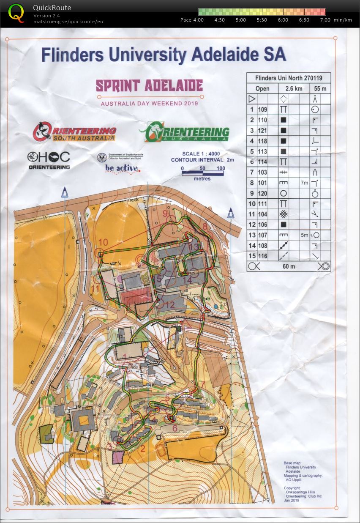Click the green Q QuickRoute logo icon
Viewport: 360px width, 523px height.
pos(16,13)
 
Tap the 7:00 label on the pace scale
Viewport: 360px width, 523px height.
pos(325,20)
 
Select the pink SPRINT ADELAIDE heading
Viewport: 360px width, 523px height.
pos(149,86)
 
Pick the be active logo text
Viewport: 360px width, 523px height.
pos(122,168)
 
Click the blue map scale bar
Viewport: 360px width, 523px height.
pos(203,173)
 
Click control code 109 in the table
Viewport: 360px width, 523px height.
pos(262,109)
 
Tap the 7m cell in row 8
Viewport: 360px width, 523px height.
pos(305,183)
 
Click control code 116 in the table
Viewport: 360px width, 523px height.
pos(262,257)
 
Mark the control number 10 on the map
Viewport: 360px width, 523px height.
pos(103,243)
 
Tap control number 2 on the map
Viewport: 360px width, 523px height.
pos(142,449)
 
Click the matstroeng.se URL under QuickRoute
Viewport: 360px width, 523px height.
pos(68,22)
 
